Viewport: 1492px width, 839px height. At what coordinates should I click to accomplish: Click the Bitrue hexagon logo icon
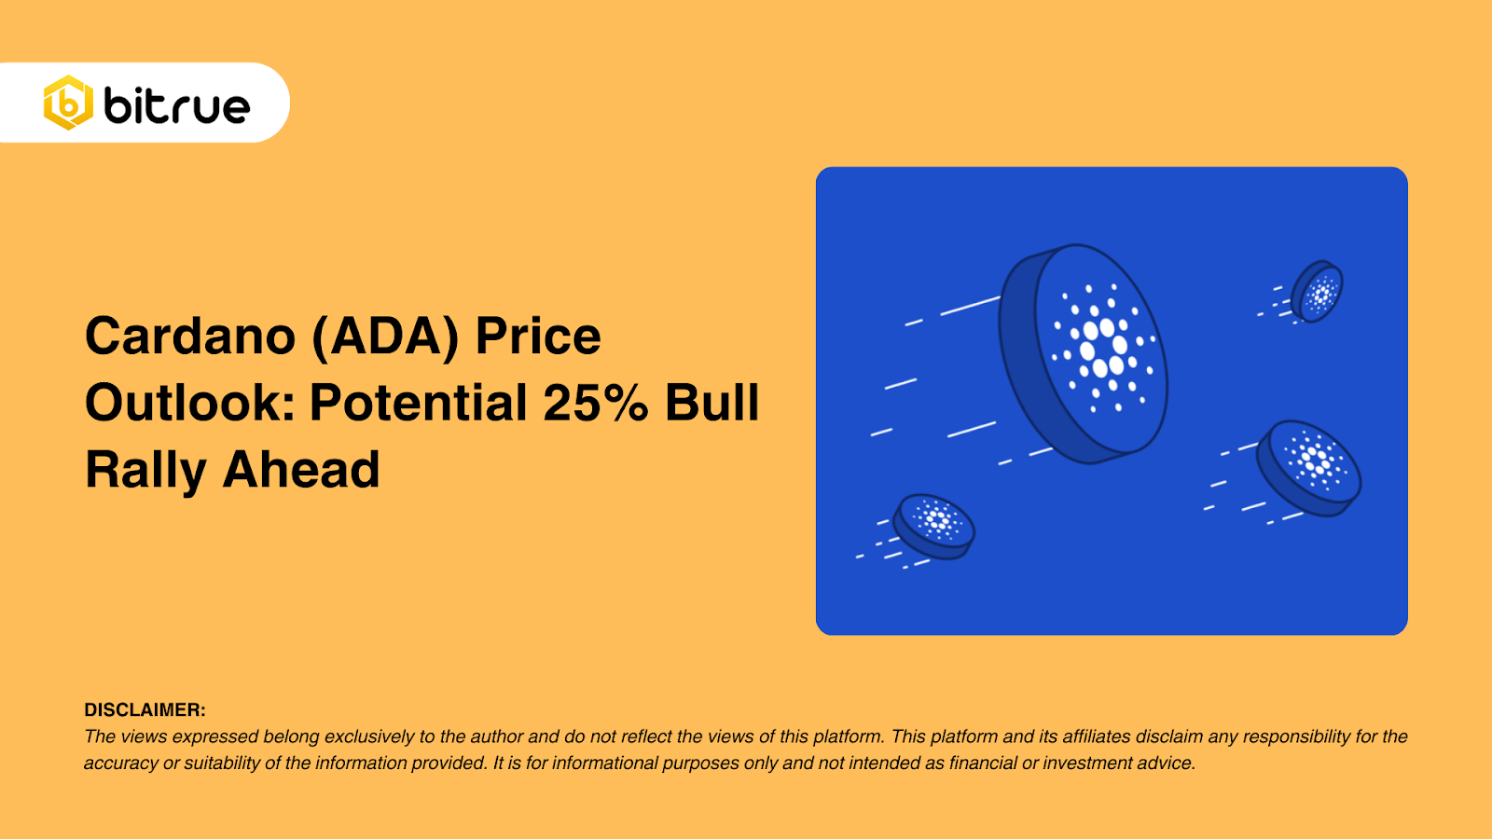coord(68,103)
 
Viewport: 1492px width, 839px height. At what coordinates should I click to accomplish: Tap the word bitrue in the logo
coord(177,105)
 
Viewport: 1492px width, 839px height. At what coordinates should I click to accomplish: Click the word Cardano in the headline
coord(190,336)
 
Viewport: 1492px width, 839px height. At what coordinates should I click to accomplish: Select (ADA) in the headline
coord(385,336)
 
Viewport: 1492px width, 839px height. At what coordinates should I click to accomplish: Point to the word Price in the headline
coord(538,336)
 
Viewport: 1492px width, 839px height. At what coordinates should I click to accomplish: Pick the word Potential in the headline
coord(419,403)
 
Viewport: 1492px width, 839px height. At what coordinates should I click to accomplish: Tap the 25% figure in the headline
coord(595,403)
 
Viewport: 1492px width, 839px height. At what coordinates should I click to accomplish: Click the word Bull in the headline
coord(712,403)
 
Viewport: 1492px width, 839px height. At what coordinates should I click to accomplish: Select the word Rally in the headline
coord(145,470)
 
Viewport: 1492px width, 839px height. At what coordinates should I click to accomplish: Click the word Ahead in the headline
coord(301,470)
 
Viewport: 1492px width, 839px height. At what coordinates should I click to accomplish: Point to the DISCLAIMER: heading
coord(145,710)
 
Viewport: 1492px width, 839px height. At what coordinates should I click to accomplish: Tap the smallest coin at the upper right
coord(1318,292)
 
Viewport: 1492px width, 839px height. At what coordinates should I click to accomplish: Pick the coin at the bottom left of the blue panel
coord(934,526)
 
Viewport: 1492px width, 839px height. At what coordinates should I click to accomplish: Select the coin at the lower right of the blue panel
coord(1310,466)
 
